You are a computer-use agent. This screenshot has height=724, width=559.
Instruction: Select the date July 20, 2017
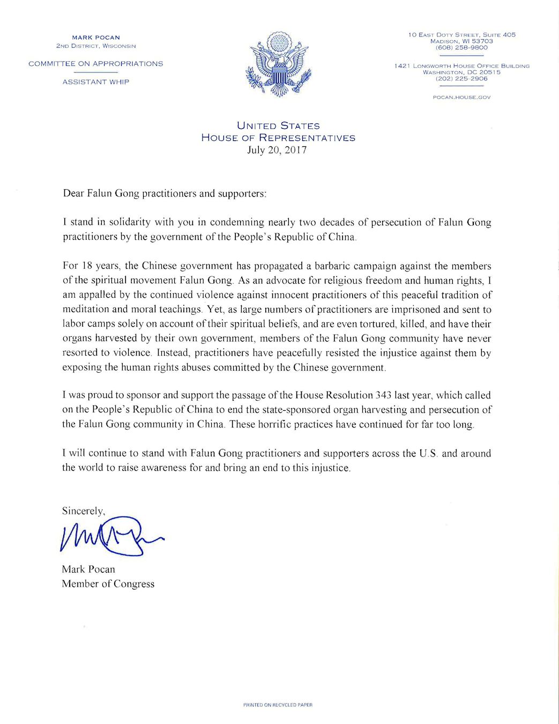(277, 150)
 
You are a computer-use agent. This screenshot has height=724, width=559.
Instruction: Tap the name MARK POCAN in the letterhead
(96, 38)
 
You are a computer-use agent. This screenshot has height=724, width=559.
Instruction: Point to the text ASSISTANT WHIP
(96, 82)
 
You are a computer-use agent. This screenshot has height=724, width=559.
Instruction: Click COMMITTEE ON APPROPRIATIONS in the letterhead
(96, 64)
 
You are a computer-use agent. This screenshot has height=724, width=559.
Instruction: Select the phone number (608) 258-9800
(461, 48)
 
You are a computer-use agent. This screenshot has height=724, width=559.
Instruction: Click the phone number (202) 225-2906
(461, 79)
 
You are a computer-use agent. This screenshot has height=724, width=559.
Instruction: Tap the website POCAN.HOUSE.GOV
(461, 98)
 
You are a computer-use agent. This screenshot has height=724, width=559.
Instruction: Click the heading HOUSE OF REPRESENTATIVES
(278, 138)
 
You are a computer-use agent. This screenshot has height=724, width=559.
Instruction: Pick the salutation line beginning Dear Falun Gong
(164, 194)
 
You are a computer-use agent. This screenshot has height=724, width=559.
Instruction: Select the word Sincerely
(83, 511)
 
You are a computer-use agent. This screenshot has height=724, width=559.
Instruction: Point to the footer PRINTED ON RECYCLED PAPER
(278, 705)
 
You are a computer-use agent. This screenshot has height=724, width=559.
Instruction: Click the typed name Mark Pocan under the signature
(88, 570)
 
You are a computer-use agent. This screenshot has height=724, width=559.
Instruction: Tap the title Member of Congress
(108, 584)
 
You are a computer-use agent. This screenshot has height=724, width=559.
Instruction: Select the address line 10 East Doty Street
(461, 35)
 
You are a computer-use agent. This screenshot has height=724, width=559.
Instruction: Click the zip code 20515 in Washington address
(490, 72)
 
